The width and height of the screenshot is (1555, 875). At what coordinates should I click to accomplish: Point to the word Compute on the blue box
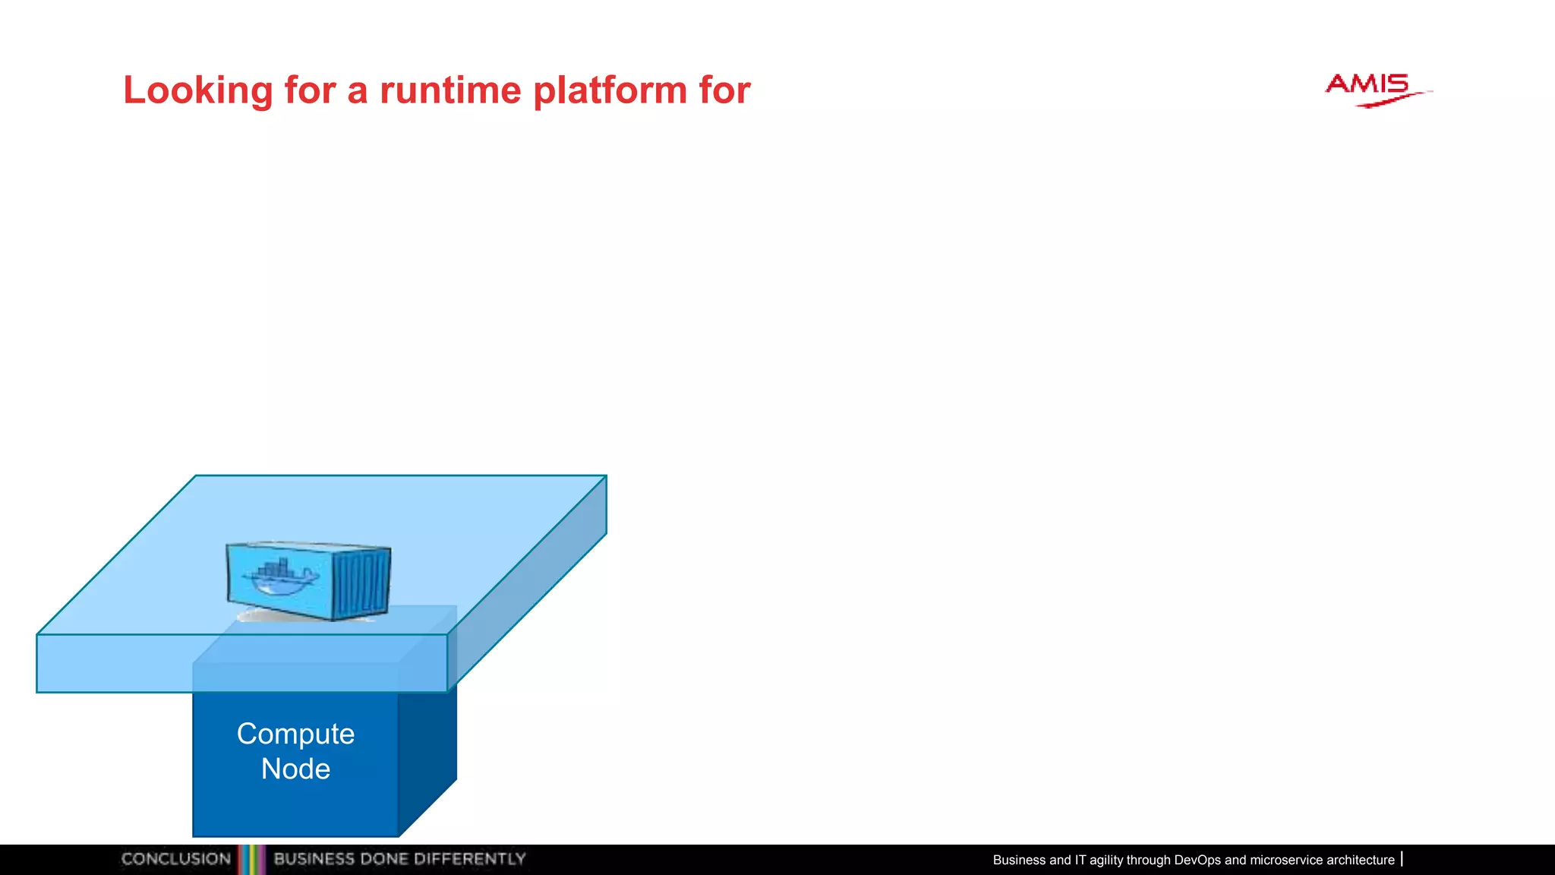coord(295,734)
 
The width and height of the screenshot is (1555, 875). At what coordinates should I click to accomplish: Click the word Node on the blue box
coord(295,769)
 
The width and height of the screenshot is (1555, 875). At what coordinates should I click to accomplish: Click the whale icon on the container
coord(279,578)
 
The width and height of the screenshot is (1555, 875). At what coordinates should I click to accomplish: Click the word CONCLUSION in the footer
coord(176,859)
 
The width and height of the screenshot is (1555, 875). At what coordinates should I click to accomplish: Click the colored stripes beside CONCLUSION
coord(251,859)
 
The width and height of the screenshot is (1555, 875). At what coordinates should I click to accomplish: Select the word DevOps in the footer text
coord(1197,860)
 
